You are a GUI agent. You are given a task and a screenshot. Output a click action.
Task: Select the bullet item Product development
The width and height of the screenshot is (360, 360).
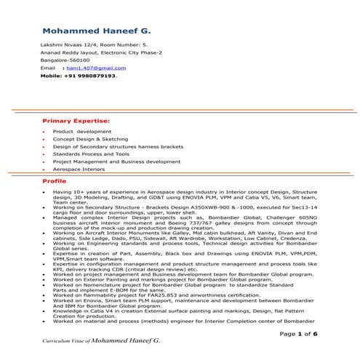81,131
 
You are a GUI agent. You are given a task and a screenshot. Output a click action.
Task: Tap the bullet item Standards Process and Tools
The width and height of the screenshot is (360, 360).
91,153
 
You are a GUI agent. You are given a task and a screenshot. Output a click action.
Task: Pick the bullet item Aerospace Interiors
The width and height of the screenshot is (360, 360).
81,169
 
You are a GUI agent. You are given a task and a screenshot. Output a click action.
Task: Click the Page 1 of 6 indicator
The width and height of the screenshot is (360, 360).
300,333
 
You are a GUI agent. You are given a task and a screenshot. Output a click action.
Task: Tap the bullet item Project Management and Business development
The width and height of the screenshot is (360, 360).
116,161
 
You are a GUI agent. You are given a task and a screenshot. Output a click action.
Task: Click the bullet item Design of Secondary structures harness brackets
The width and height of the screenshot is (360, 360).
120,146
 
